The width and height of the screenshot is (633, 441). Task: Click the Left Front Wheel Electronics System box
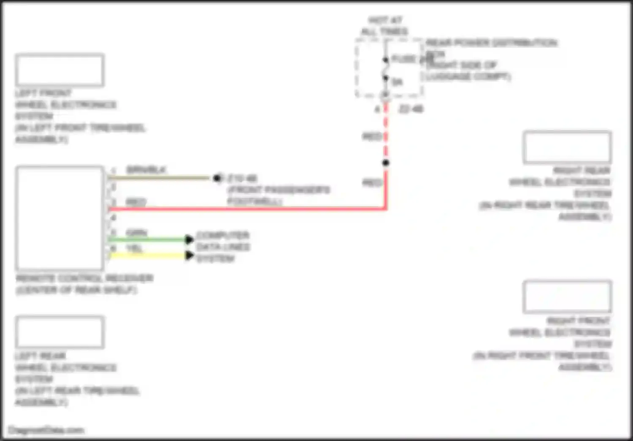60,70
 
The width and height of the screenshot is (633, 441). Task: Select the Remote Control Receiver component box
60,218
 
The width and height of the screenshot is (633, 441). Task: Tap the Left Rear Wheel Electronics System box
60,332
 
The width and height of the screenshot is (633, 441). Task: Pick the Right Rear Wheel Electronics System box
567,147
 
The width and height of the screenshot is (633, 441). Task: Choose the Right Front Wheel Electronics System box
567,297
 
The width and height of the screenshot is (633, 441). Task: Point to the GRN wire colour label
137,233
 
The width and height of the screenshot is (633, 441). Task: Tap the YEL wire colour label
135,249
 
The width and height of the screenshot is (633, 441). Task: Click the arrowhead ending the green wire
189,240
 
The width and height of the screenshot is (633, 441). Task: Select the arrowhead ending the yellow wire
189,255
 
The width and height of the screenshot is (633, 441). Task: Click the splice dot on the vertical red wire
385,163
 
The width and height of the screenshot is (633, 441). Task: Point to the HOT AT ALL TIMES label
384,26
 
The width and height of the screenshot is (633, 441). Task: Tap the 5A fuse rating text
397,82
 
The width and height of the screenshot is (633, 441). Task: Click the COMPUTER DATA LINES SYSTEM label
223,247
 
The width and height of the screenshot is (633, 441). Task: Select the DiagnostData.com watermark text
46,430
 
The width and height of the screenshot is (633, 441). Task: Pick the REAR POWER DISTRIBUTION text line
491,43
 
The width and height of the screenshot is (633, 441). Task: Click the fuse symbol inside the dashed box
385,69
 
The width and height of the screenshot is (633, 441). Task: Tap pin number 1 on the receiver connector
113,171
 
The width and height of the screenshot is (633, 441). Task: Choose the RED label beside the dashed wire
372,136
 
